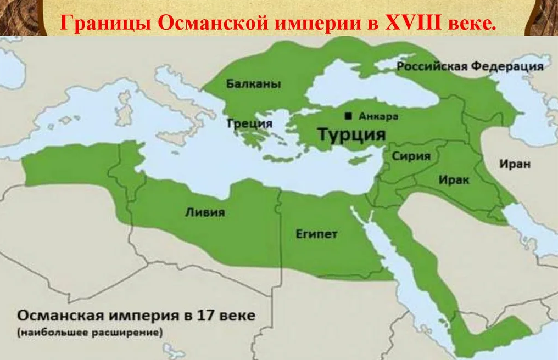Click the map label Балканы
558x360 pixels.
(x=253, y=84)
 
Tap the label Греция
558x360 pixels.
(x=250, y=123)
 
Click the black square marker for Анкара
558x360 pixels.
(x=348, y=116)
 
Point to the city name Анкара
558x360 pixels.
(x=378, y=116)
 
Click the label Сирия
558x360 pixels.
(x=411, y=156)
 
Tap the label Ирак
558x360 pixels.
(x=454, y=179)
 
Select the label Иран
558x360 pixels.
(x=515, y=164)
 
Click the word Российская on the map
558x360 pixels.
(x=431, y=66)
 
